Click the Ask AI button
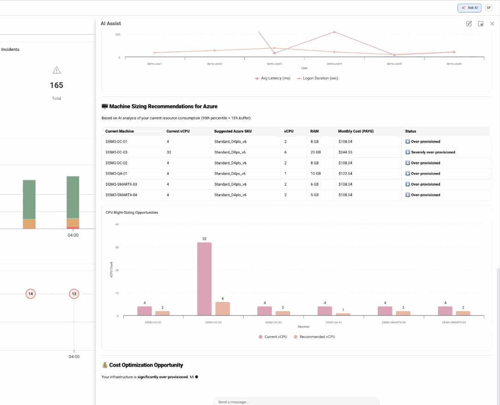[469, 8]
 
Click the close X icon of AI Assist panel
[492, 24]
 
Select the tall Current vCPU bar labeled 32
[204, 279]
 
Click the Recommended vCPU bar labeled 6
[223, 309]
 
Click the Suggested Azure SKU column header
[233, 131]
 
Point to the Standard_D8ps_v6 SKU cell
[230, 152]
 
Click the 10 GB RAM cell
[315, 174]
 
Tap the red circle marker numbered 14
[30, 294]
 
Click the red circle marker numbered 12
[74, 294]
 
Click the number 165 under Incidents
[56, 85]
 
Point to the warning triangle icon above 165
[56, 70]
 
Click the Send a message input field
[296, 402]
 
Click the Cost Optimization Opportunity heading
[146, 365]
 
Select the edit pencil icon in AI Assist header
[469, 24]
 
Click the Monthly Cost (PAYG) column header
[356, 131]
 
